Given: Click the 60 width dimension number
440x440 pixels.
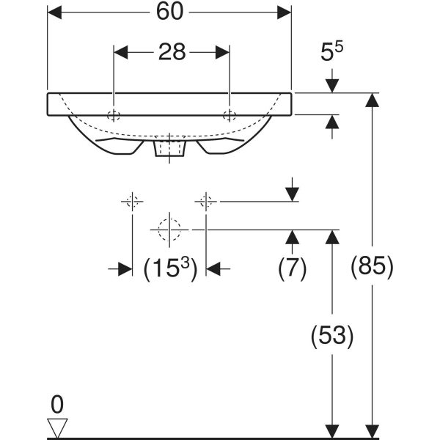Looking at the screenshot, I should coord(170,12).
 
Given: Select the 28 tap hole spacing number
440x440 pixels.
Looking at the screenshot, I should coord(172,52).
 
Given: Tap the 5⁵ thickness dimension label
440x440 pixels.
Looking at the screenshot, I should coord(332,53).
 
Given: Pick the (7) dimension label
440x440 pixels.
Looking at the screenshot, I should coord(292,268).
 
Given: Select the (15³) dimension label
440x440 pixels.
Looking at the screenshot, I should coord(169,269).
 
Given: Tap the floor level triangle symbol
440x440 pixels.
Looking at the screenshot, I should coord(56,427).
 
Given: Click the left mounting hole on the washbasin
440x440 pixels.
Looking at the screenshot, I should coord(114,114).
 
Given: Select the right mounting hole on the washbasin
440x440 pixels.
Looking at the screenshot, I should coord(230,114).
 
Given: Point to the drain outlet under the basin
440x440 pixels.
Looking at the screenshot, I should coord(170,149).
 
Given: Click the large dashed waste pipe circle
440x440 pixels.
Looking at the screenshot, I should coord(169,230).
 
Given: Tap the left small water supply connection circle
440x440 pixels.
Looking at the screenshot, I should coord(132,201).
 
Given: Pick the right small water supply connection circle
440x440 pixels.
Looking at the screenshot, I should coord(207,201).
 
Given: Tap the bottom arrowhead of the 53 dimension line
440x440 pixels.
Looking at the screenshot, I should coord(333,430).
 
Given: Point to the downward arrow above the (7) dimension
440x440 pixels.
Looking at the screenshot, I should coord(292,193).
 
